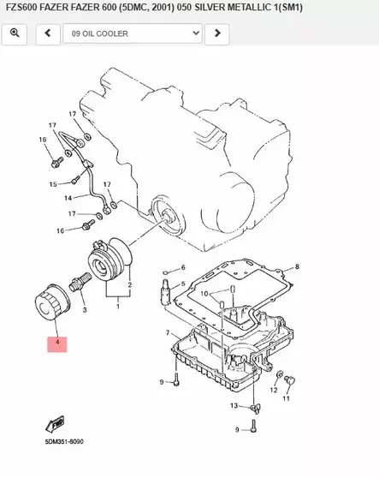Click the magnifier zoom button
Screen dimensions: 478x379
[x=15, y=33]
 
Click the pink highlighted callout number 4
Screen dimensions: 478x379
[x=56, y=344]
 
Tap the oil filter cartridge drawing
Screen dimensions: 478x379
[x=50, y=304]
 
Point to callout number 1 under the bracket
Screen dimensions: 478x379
[x=118, y=305]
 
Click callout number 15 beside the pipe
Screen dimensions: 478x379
[x=52, y=184]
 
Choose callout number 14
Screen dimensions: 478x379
[x=68, y=198]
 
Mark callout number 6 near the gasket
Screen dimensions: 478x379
[x=182, y=268]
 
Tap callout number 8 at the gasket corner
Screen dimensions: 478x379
[x=298, y=267]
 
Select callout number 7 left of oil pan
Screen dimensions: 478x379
[x=168, y=332]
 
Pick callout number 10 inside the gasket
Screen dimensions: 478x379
[x=204, y=294]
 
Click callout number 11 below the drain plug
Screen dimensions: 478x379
[x=287, y=398]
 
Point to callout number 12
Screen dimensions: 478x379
[x=274, y=389]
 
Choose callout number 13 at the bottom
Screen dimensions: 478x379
[x=234, y=405]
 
